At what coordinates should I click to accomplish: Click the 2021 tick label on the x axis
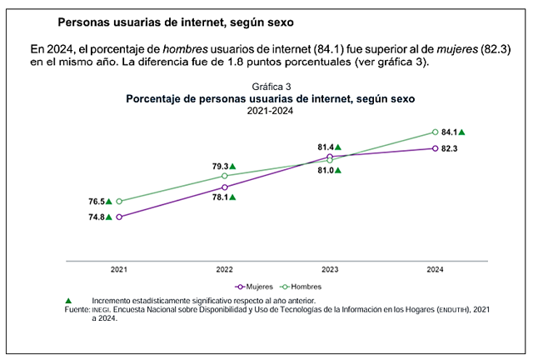click(119, 269)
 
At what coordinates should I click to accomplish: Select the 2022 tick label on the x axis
click(224, 269)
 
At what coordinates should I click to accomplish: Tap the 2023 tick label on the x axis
click(330, 269)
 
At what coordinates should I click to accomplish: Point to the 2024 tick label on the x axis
click(435, 269)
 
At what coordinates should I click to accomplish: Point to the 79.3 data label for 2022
click(221, 166)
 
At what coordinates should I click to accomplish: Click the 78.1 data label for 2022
click(221, 197)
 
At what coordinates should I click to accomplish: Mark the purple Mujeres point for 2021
click(119, 217)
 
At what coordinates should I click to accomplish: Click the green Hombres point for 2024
click(435, 132)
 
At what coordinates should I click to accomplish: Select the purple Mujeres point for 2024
click(435, 148)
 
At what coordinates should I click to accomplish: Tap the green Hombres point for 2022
click(224, 176)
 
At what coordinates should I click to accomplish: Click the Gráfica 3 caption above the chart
click(271, 87)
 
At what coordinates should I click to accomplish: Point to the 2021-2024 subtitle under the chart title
click(271, 111)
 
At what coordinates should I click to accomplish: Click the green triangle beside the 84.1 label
click(462, 132)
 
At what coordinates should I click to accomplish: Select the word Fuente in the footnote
click(77, 309)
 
